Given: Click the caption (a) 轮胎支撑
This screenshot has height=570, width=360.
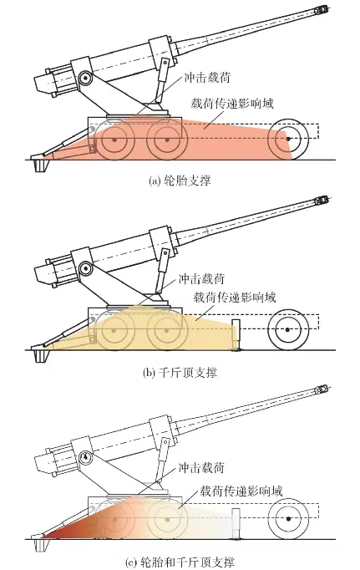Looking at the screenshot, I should point(180,178).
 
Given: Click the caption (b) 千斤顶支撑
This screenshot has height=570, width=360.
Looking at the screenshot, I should point(180,371).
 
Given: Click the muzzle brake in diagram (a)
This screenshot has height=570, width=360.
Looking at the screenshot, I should point(322,11).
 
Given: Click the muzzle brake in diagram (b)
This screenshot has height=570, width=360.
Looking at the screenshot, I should point(322,201).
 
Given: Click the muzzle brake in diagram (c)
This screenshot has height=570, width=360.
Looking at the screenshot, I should point(322,390).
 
